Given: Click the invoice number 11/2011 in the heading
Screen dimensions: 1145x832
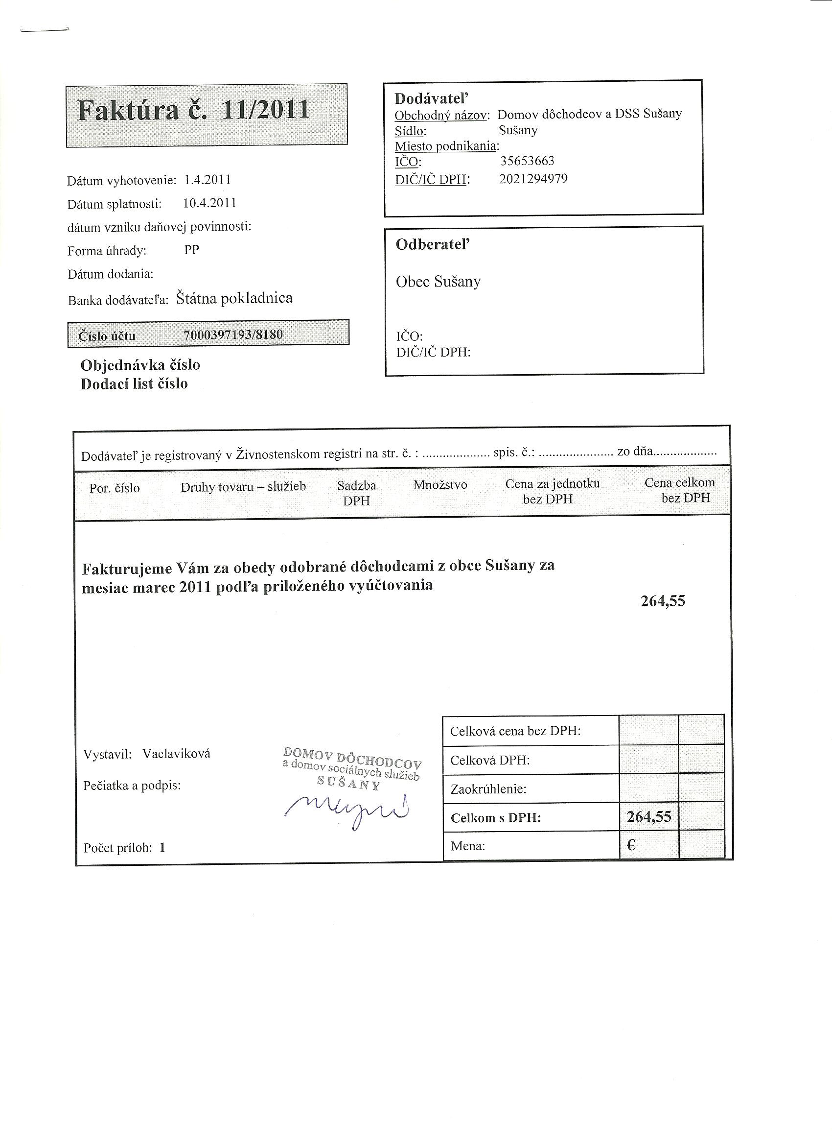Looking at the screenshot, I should click(265, 110).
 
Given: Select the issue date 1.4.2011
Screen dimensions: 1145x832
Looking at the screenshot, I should click(208, 180).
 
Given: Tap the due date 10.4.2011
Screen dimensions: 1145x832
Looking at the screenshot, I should click(209, 203).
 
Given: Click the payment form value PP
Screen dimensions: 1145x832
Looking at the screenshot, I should click(192, 250).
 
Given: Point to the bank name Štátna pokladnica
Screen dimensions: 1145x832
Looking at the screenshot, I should click(234, 298).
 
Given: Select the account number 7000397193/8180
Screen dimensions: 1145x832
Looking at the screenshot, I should click(233, 334).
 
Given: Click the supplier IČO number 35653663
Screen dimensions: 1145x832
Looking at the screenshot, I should click(527, 161).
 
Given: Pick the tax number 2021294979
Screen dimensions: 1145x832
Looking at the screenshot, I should click(533, 179).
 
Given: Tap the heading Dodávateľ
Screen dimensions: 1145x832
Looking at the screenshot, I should click(432, 98).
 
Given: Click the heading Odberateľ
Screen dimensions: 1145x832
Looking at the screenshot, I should click(433, 245).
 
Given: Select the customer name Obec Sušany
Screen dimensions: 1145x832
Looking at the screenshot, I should click(438, 282).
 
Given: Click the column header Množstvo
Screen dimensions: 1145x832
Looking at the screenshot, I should click(440, 485).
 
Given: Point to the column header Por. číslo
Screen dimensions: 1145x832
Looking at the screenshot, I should click(115, 488).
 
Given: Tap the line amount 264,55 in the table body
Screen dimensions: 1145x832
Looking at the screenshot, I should click(663, 601).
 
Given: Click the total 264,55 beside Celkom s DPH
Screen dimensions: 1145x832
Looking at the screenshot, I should click(649, 817).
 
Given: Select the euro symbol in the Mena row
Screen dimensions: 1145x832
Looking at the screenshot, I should click(631, 845).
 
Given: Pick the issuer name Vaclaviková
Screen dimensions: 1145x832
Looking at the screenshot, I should click(176, 754).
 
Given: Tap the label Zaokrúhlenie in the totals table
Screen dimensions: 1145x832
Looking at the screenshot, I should click(488, 789).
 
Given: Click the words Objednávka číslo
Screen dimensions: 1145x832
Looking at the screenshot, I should click(140, 365).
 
